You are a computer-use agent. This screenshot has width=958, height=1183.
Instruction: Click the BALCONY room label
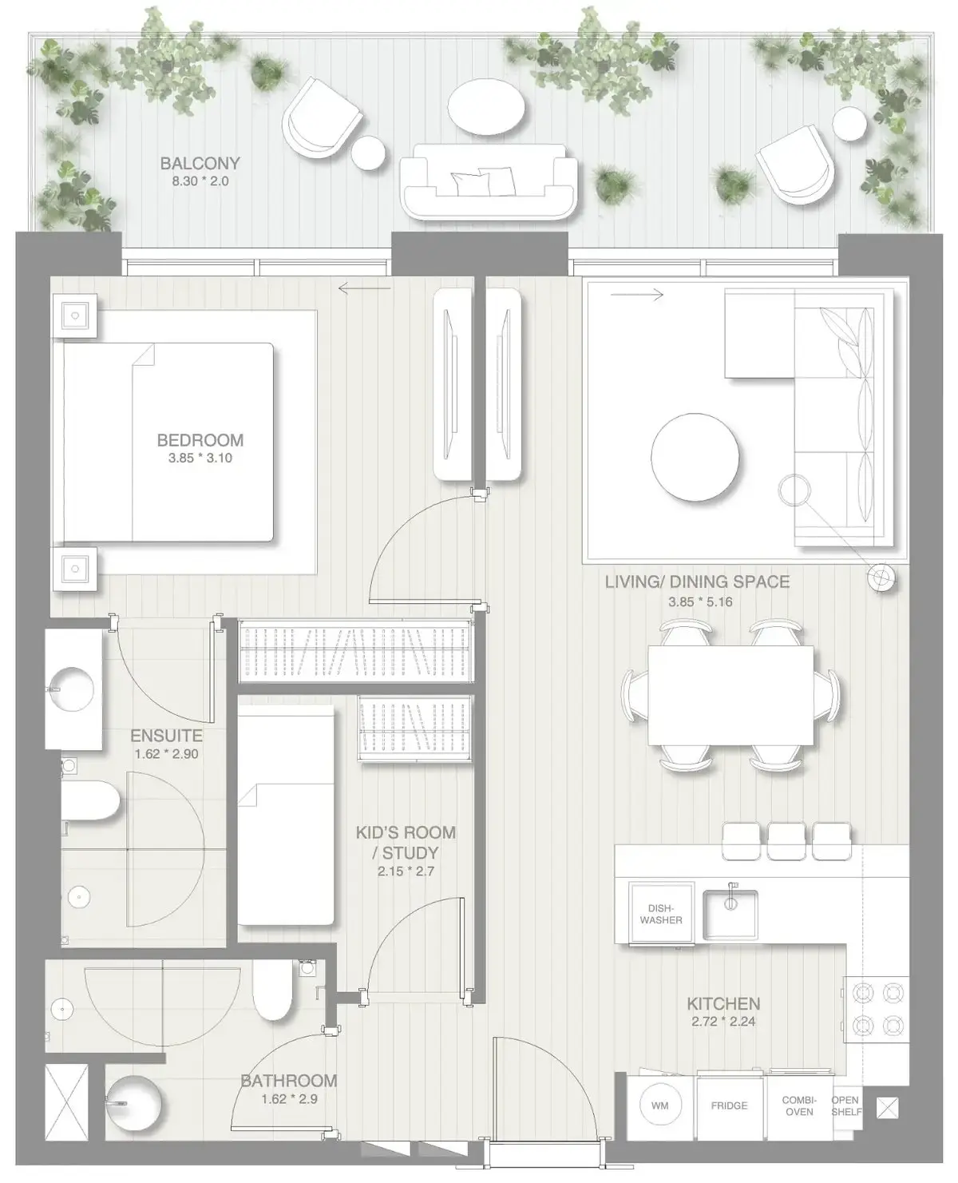200,163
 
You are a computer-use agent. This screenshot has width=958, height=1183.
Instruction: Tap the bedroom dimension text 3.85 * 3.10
200,459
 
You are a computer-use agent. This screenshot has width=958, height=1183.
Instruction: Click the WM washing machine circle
660,1106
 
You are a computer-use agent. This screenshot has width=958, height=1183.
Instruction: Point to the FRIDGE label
729,1106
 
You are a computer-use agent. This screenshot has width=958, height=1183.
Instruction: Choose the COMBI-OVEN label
799,1106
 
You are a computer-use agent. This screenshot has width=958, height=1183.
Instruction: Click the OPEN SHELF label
846,1106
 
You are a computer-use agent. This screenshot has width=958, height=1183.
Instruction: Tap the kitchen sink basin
730,914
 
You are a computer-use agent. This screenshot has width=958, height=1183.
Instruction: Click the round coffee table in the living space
695,457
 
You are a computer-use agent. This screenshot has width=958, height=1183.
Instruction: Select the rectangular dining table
730,695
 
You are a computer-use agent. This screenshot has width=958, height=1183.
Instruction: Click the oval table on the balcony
485,106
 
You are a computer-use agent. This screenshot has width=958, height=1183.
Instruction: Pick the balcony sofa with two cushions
489,181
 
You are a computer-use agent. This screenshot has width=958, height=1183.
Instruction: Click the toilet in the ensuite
90,800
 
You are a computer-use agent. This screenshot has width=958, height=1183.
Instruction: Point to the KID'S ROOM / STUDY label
406,843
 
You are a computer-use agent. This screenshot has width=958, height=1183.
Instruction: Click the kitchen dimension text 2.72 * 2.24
723,1022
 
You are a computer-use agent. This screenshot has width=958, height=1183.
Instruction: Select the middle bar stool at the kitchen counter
786,841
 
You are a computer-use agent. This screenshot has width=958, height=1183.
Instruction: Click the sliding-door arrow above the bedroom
365,288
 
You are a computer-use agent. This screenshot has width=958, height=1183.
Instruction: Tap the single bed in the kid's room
286,815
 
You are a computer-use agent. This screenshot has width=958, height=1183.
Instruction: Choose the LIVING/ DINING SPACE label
697,582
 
